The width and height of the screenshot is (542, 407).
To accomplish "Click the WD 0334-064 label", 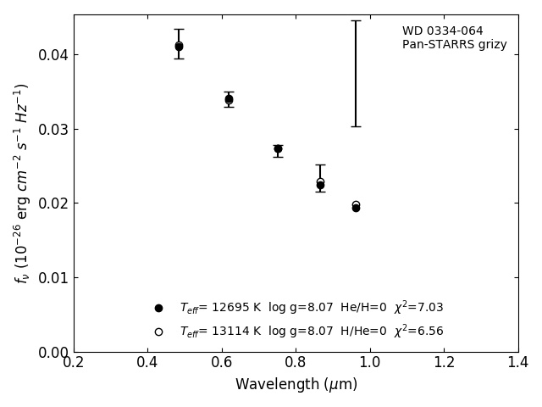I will pos(442,31).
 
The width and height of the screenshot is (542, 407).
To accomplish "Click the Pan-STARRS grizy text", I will pos(454,45).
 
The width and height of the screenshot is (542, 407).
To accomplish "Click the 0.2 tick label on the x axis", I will pos(74,362).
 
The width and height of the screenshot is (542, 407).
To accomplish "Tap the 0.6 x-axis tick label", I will pos(222,362).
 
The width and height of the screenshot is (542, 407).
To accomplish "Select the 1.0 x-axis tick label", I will pos(370,362).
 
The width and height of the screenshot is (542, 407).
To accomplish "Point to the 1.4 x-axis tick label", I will pos(518,362).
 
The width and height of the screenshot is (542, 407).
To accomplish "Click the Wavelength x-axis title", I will pos(296,384).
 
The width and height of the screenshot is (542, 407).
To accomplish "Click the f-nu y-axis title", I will pos(22,182).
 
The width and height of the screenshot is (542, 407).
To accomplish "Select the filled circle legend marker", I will pos(158,308).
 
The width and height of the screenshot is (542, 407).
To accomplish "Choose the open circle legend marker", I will pos(158,332).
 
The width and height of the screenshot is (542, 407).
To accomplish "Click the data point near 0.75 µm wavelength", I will pos(278,148).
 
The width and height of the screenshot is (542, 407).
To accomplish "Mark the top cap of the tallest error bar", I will pos(356,21).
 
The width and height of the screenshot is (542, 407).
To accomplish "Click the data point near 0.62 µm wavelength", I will pos(229,99).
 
